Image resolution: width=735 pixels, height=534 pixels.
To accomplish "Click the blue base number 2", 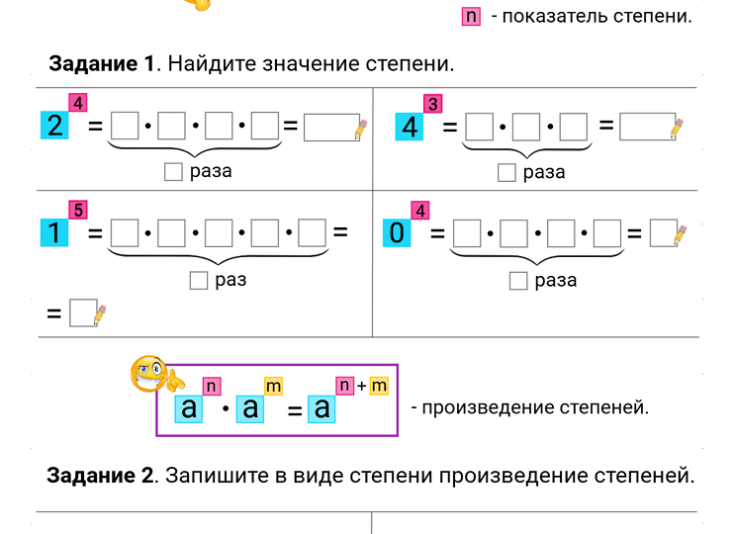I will point(54,127).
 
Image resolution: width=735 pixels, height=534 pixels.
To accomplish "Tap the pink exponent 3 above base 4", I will point(432,104).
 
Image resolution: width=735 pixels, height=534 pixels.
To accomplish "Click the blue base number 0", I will point(396,233).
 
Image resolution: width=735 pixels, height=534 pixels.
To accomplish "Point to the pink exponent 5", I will point(78,210).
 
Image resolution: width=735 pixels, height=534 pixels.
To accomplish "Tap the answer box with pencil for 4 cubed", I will point(646,127).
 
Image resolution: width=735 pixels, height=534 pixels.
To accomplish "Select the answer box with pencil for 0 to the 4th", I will point(663,233).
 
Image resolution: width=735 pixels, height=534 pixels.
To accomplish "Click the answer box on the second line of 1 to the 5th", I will point(83,313).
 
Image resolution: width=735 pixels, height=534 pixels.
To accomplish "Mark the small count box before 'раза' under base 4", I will point(507,173).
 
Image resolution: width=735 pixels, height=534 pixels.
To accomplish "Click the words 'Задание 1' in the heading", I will point(102,65).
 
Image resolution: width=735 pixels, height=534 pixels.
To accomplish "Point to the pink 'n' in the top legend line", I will point(471,16).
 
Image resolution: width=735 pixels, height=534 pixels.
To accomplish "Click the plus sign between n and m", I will point(362,385).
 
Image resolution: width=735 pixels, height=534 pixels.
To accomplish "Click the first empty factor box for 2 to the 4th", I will point(125,127).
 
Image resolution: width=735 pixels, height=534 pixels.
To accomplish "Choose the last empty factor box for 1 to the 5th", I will point(313,233).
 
